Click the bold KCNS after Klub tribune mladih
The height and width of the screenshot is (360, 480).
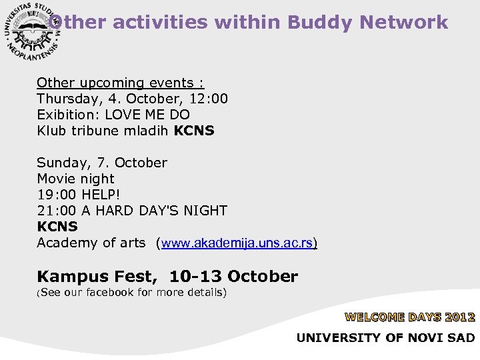point(194,131)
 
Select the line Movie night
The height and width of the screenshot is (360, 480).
point(75,179)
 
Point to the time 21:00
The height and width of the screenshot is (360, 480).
point(57,211)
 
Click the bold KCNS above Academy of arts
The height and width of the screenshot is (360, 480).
point(57,227)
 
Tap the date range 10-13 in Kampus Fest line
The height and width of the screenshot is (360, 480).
point(197,276)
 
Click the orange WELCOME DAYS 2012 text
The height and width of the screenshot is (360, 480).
point(409,317)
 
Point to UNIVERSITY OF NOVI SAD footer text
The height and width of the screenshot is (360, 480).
point(385,337)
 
